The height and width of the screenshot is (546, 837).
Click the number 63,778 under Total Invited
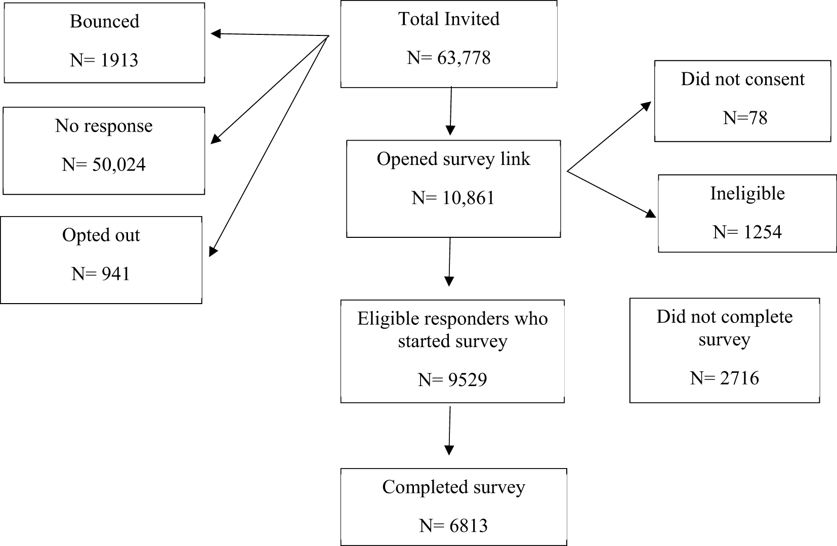point(464,58)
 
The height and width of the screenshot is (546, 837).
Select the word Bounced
point(105,21)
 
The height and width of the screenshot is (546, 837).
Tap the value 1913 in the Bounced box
point(119,60)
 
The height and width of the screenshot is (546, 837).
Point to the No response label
point(104,126)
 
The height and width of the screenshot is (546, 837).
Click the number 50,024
point(119,165)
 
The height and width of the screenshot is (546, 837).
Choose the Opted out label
point(101,235)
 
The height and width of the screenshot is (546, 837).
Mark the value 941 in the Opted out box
point(115,274)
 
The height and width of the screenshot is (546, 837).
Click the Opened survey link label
point(453,159)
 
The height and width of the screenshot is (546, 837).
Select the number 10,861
point(468,198)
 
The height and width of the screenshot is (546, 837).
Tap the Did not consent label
point(743,79)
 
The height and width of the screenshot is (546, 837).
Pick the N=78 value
point(745,118)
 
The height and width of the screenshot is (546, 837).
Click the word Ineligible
point(747,194)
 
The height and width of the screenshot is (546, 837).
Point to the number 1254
point(762,232)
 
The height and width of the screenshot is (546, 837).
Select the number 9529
point(468,380)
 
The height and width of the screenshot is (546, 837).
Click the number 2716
point(739,378)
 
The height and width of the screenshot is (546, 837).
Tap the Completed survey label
point(453,487)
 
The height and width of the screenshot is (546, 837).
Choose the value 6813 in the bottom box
point(469,526)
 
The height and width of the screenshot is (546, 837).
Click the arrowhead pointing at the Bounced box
point(216,33)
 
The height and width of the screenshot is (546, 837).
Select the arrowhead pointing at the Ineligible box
point(651,214)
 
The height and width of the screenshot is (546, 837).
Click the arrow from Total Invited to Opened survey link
point(451,111)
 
